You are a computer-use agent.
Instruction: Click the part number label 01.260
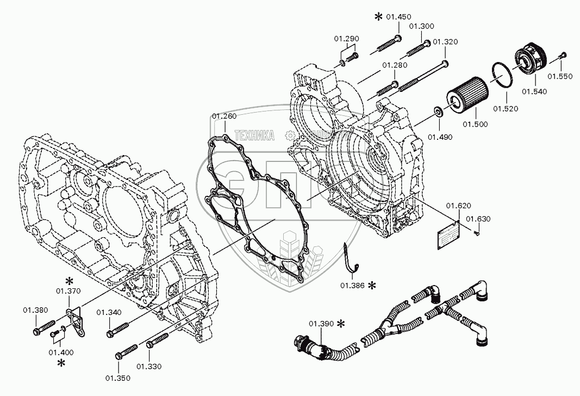pos(224,116)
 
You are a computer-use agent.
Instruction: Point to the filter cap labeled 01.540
pos(531,59)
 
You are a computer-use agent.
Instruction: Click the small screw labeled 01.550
pos(562,56)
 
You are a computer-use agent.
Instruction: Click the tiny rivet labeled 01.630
pos(476,233)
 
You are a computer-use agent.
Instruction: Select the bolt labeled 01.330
pos(157,340)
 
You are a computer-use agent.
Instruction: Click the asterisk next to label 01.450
pos(378,17)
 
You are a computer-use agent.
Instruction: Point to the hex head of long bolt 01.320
pos(445,63)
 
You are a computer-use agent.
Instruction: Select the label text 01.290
pos(347,39)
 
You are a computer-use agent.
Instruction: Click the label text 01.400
pos(61,352)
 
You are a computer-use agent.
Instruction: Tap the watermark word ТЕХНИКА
pos(254,135)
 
